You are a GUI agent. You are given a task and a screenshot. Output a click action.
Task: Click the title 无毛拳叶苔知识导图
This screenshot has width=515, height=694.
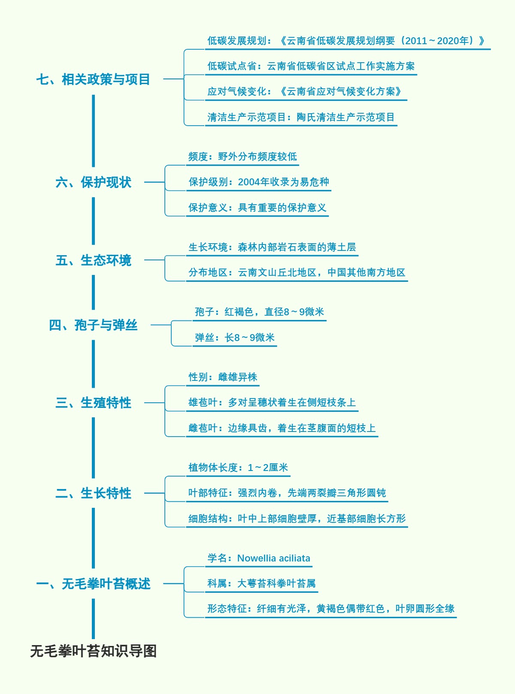pyautogui.click(x=93, y=651)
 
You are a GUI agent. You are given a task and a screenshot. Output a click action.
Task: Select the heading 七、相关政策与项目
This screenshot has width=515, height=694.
pyautogui.click(x=93, y=79)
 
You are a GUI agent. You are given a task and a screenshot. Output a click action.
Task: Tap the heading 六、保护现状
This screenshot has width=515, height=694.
pyautogui.click(x=93, y=182)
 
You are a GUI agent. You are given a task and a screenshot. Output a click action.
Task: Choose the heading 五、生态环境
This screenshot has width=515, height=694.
pyautogui.click(x=93, y=260)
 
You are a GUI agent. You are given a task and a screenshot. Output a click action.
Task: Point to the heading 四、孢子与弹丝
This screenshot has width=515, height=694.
pyautogui.click(x=93, y=325)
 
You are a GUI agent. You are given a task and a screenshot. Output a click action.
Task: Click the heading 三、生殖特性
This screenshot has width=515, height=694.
pyautogui.click(x=93, y=403)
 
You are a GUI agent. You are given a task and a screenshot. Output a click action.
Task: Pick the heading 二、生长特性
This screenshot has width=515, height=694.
pyautogui.click(x=93, y=493)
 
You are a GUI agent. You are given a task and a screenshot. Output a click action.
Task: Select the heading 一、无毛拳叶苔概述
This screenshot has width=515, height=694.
pyautogui.click(x=93, y=584)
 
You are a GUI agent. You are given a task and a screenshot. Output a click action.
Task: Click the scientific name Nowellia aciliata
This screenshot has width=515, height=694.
pyautogui.click(x=273, y=558)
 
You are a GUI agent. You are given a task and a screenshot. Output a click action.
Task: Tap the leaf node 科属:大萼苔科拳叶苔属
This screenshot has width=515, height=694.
pyautogui.click(x=261, y=583)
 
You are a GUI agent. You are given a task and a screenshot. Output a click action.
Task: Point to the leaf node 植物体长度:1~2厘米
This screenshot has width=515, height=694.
pyautogui.click(x=238, y=468)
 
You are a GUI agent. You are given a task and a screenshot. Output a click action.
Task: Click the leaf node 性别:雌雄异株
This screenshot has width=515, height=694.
pyautogui.click(x=223, y=377)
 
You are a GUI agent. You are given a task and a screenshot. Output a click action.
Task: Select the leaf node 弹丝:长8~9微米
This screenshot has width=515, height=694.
pyautogui.click(x=234, y=338)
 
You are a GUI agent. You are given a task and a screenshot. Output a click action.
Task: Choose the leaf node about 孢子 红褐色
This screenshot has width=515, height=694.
pyautogui.click(x=259, y=312)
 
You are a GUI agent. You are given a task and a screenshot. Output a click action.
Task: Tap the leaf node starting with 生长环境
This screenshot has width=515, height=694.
pyautogui.click(x=272, y=247)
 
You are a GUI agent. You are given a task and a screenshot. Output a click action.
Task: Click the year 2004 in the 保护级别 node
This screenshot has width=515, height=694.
pyautogui.click(x=249, y=182)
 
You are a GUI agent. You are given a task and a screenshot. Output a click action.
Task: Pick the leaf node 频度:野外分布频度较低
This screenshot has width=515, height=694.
pyautogui.click(x=242, y=157)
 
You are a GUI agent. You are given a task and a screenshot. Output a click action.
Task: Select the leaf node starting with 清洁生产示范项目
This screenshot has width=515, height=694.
pyautogui.click(x=301, y=117)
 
